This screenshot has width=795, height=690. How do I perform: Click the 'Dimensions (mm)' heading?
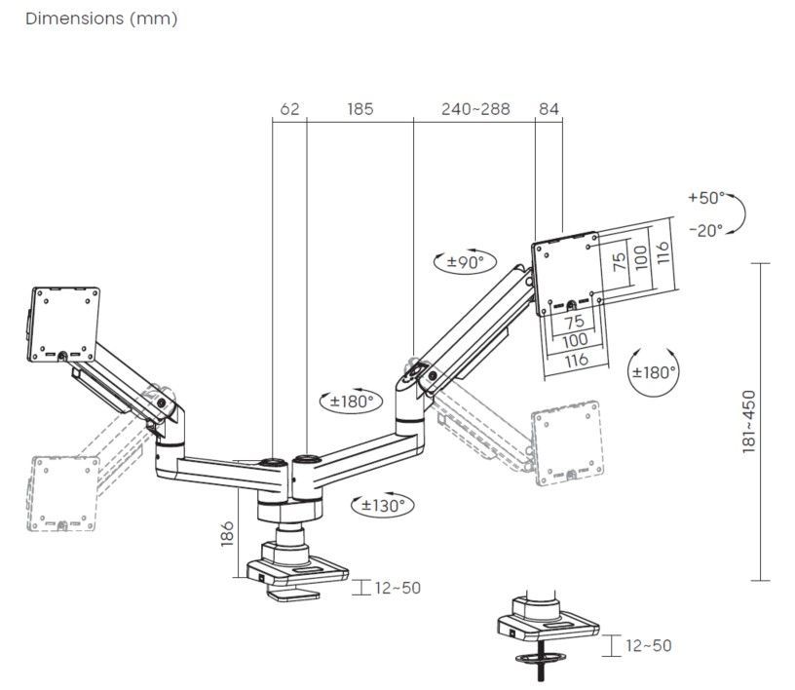tap(101, 19)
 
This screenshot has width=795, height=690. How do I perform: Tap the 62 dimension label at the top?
tap(289, 108)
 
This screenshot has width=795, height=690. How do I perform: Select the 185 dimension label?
tap(360, 108)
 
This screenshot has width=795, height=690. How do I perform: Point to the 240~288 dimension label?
tap(475, 108)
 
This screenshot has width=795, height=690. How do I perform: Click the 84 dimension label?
tap(549, 108)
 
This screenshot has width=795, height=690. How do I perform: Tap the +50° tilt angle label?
tap(706, 198)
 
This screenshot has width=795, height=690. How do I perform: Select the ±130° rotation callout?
tap(381, 505)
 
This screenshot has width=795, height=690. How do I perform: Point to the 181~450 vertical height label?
tap(749, 420)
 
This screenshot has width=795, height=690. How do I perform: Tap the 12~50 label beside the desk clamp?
tap(397, 588)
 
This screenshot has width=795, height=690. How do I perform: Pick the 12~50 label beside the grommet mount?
tap(648, 645)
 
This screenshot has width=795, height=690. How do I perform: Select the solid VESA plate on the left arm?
tap(63, 321)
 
